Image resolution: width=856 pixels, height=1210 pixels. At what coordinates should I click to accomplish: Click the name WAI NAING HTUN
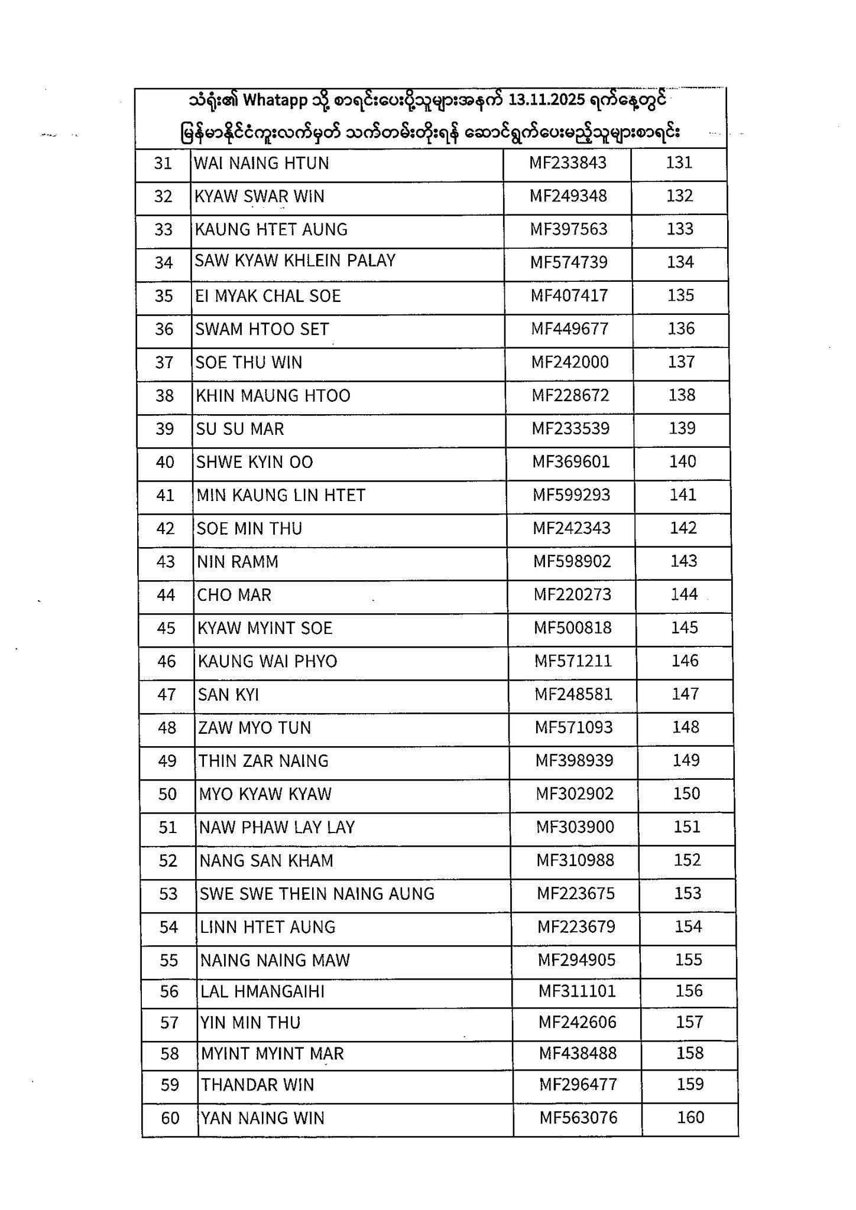(x=261, y=163)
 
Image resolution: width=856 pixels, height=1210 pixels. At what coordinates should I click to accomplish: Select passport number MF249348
(x=568, y=196)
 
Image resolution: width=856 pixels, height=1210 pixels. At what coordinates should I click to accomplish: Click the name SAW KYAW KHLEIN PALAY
(x=295, y=261)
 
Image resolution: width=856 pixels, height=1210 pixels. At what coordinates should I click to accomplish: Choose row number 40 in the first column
(x=165, y=462)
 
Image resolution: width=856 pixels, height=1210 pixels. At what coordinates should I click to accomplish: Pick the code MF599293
(x=571, y=495)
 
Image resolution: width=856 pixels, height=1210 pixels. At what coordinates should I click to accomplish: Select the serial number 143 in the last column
(x=683, y=561)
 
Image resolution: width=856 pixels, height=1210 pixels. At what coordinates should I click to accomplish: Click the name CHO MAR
(x=234, y=595)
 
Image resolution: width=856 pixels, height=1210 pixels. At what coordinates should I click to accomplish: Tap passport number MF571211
(x=573, y=661)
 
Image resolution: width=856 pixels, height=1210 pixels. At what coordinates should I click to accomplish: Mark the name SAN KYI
(x=229, y=695)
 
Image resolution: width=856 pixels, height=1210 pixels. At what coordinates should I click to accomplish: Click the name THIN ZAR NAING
(x=264, y=761)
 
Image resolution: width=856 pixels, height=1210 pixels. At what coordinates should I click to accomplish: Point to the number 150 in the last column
(x=686, y=793)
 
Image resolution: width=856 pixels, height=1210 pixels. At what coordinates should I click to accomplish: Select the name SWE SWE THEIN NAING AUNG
(x=317, y=894)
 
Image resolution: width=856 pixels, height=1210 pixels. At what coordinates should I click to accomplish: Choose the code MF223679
(x=576, y=927)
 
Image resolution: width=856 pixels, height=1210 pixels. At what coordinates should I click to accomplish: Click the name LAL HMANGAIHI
(x=262, y=991)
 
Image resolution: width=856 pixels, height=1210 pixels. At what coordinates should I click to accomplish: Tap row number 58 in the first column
(x=170, y=1054)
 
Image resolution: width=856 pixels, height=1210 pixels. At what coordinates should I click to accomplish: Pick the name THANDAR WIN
(x=257, y=1085)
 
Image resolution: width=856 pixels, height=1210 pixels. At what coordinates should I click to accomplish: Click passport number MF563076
(x=578, y=1118)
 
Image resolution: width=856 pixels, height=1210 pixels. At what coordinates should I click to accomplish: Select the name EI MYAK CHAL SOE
(x=268, y=295)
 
